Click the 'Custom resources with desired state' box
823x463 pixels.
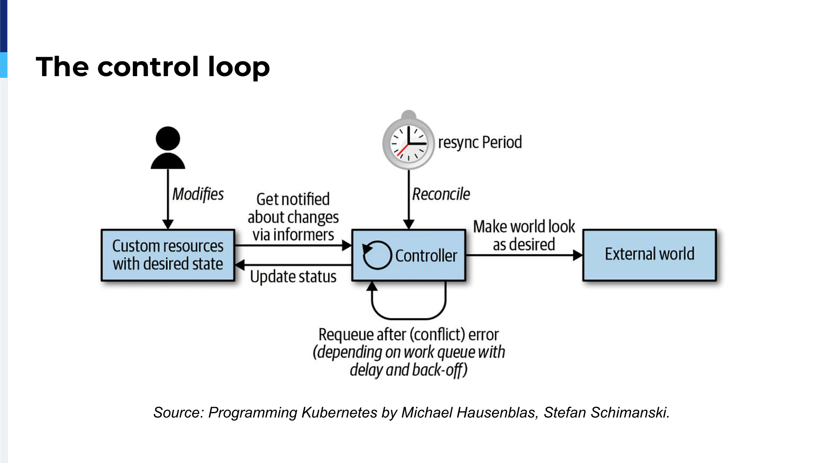(x=168, y=255)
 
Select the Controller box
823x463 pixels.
(x=409, y=255)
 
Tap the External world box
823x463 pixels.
(x=650, y=255)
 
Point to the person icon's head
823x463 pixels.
(x=168, y=138)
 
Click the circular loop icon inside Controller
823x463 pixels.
(x=377, y=255)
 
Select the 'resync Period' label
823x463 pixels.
(x=480, y=142)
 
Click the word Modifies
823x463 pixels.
(x=198, y=194)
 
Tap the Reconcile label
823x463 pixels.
(x=441, y=194)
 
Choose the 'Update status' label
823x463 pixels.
(x=293, y=277)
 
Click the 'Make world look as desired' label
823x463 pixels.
(x=524, y=235)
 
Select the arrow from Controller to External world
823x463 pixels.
(x=524, y=255)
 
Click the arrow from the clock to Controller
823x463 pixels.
(x=409, y=200)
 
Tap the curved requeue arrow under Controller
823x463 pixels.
(x=409, y=318)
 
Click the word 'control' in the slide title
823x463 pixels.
(x=148, y=67)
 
